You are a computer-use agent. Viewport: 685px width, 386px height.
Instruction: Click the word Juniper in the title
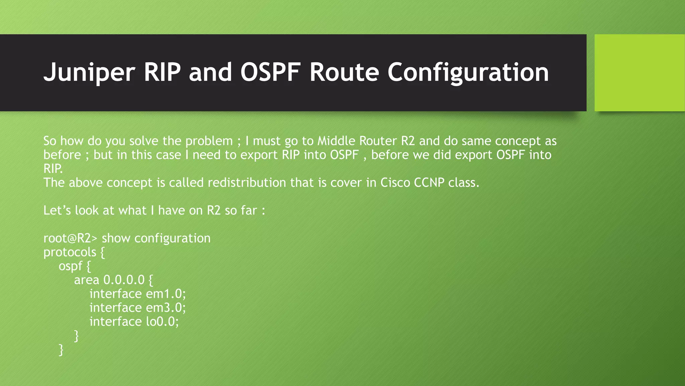[x=89, y=72]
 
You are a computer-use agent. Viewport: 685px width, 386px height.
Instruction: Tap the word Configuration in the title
[x=468, y=72]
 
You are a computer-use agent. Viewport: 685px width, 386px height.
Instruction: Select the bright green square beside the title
[x=639, y=73]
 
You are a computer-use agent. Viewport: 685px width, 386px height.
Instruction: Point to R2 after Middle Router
[x=408, y=141]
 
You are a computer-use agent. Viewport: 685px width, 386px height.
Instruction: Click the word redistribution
[x=247, y=183]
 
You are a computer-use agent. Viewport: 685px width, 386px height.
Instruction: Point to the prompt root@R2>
[x=70, y=238]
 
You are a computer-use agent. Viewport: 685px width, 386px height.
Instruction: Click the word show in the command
[x=116, y=238]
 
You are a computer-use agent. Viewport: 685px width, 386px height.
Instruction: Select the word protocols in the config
[x=70, y=252]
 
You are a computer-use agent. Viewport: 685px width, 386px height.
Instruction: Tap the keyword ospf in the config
[x=70, y=266]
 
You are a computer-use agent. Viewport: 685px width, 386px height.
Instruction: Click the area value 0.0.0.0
[x=124, y=280]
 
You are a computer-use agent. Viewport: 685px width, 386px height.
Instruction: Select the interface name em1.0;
[x=166, y=294]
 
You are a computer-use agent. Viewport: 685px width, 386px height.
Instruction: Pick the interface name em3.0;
[x=166, y=308]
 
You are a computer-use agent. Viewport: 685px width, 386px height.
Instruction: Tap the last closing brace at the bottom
[x=61, y=349]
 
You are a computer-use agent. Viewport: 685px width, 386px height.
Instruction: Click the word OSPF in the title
[x=270, y=72]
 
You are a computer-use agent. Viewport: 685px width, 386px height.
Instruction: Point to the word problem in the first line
[x=209, y=141]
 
